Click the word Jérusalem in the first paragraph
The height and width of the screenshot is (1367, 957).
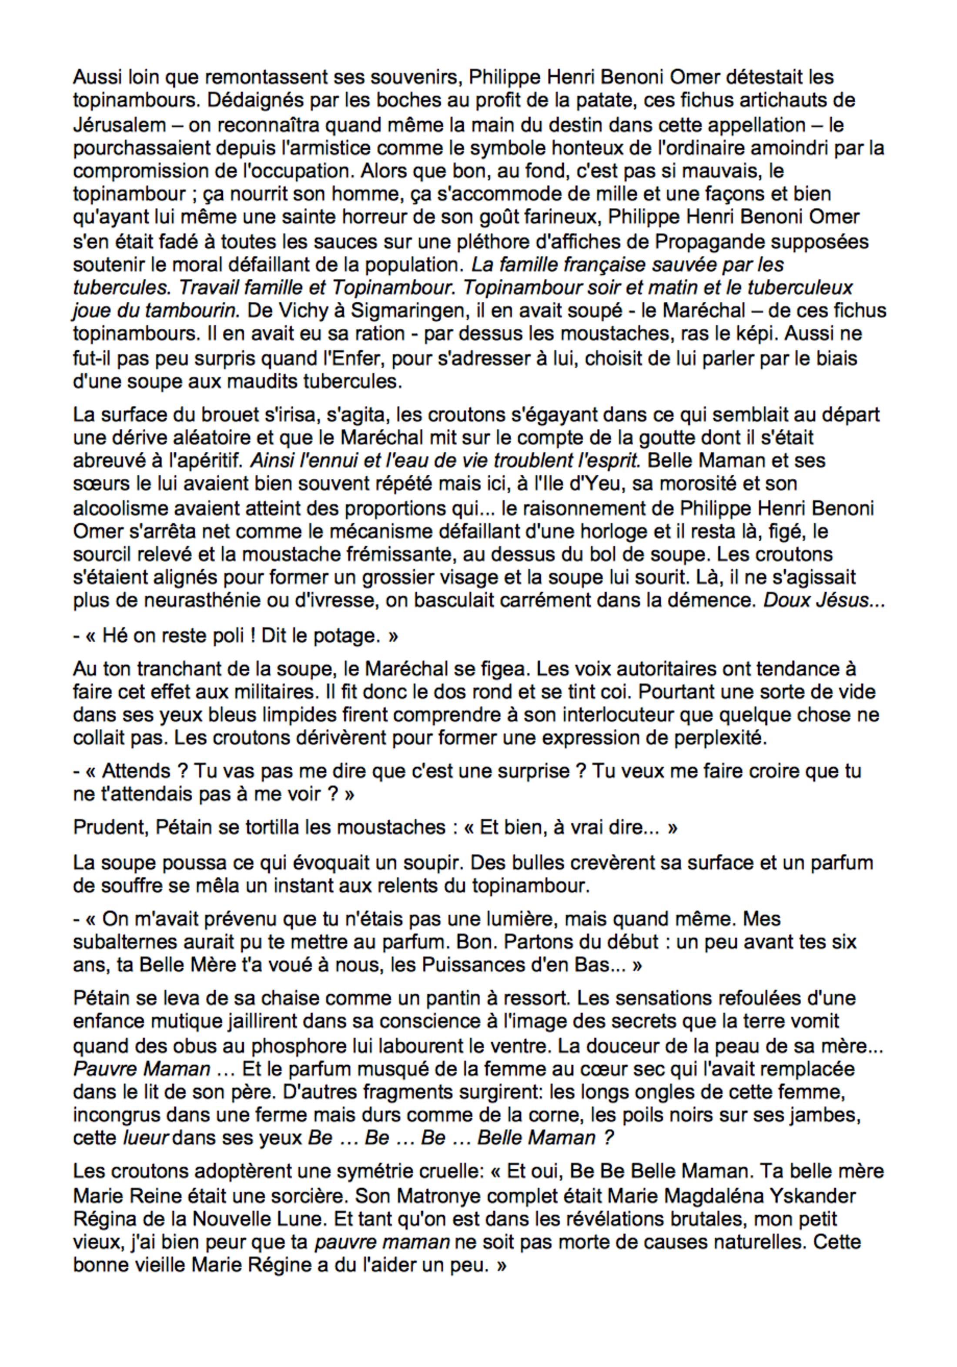[x=119, y=125]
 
